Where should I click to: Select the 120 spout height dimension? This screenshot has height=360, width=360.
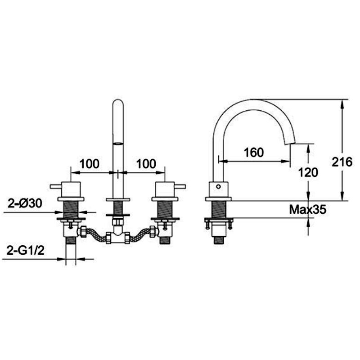308,172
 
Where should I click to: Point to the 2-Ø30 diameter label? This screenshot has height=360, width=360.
25,204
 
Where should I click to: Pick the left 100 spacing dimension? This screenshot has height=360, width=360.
90,163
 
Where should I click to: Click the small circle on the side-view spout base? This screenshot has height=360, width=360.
219,185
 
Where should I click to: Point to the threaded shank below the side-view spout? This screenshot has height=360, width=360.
219,209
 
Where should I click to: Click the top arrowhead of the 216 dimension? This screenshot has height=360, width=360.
343,103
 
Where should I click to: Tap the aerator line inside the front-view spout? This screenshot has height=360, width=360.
117,144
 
